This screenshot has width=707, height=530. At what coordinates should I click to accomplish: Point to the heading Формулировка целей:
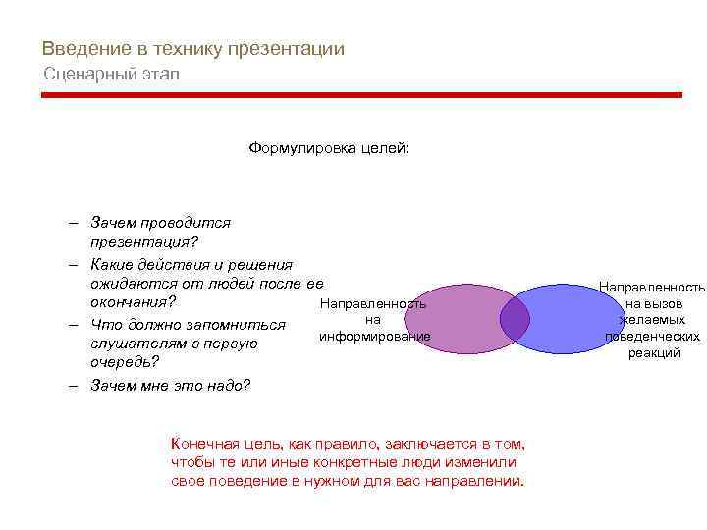pyautogui.click(x=329, y=149)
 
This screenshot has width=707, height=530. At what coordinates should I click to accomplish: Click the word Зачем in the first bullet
pyautogui.click(x=111, y=223)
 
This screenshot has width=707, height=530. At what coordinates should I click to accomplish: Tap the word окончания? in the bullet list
pyautogui.click(x=133, y=301)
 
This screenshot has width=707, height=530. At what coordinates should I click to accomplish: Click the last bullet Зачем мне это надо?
pyautogui.click(x=170, y=385)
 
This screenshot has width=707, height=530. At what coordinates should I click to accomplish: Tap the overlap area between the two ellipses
pyautogui.click(x=515, y=317)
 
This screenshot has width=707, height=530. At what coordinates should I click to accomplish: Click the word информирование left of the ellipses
pyautogui.click(x=374, y=337)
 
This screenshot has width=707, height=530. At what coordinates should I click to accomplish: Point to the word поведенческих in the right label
pyautogui.click(x=652, y=337)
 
